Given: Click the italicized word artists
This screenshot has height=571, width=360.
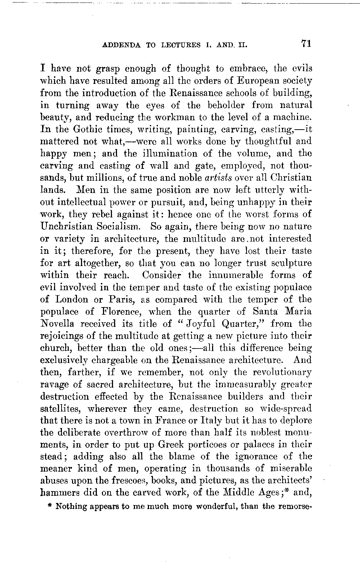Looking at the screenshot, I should click(x=220, y=178).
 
